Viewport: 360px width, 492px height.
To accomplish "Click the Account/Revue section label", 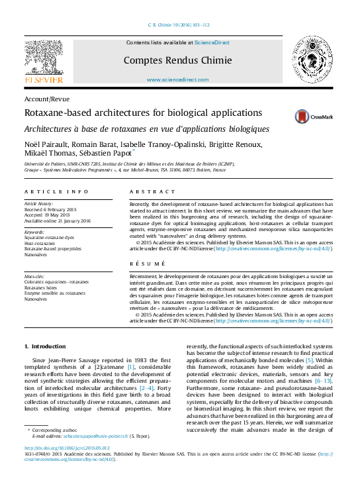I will (x=46, y=98).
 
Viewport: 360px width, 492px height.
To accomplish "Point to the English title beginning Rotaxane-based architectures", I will (x=143, y=113).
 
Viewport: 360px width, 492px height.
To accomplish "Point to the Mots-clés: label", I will (x=36, y=275).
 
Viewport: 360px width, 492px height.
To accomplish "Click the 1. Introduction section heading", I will (x=45, y=346).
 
